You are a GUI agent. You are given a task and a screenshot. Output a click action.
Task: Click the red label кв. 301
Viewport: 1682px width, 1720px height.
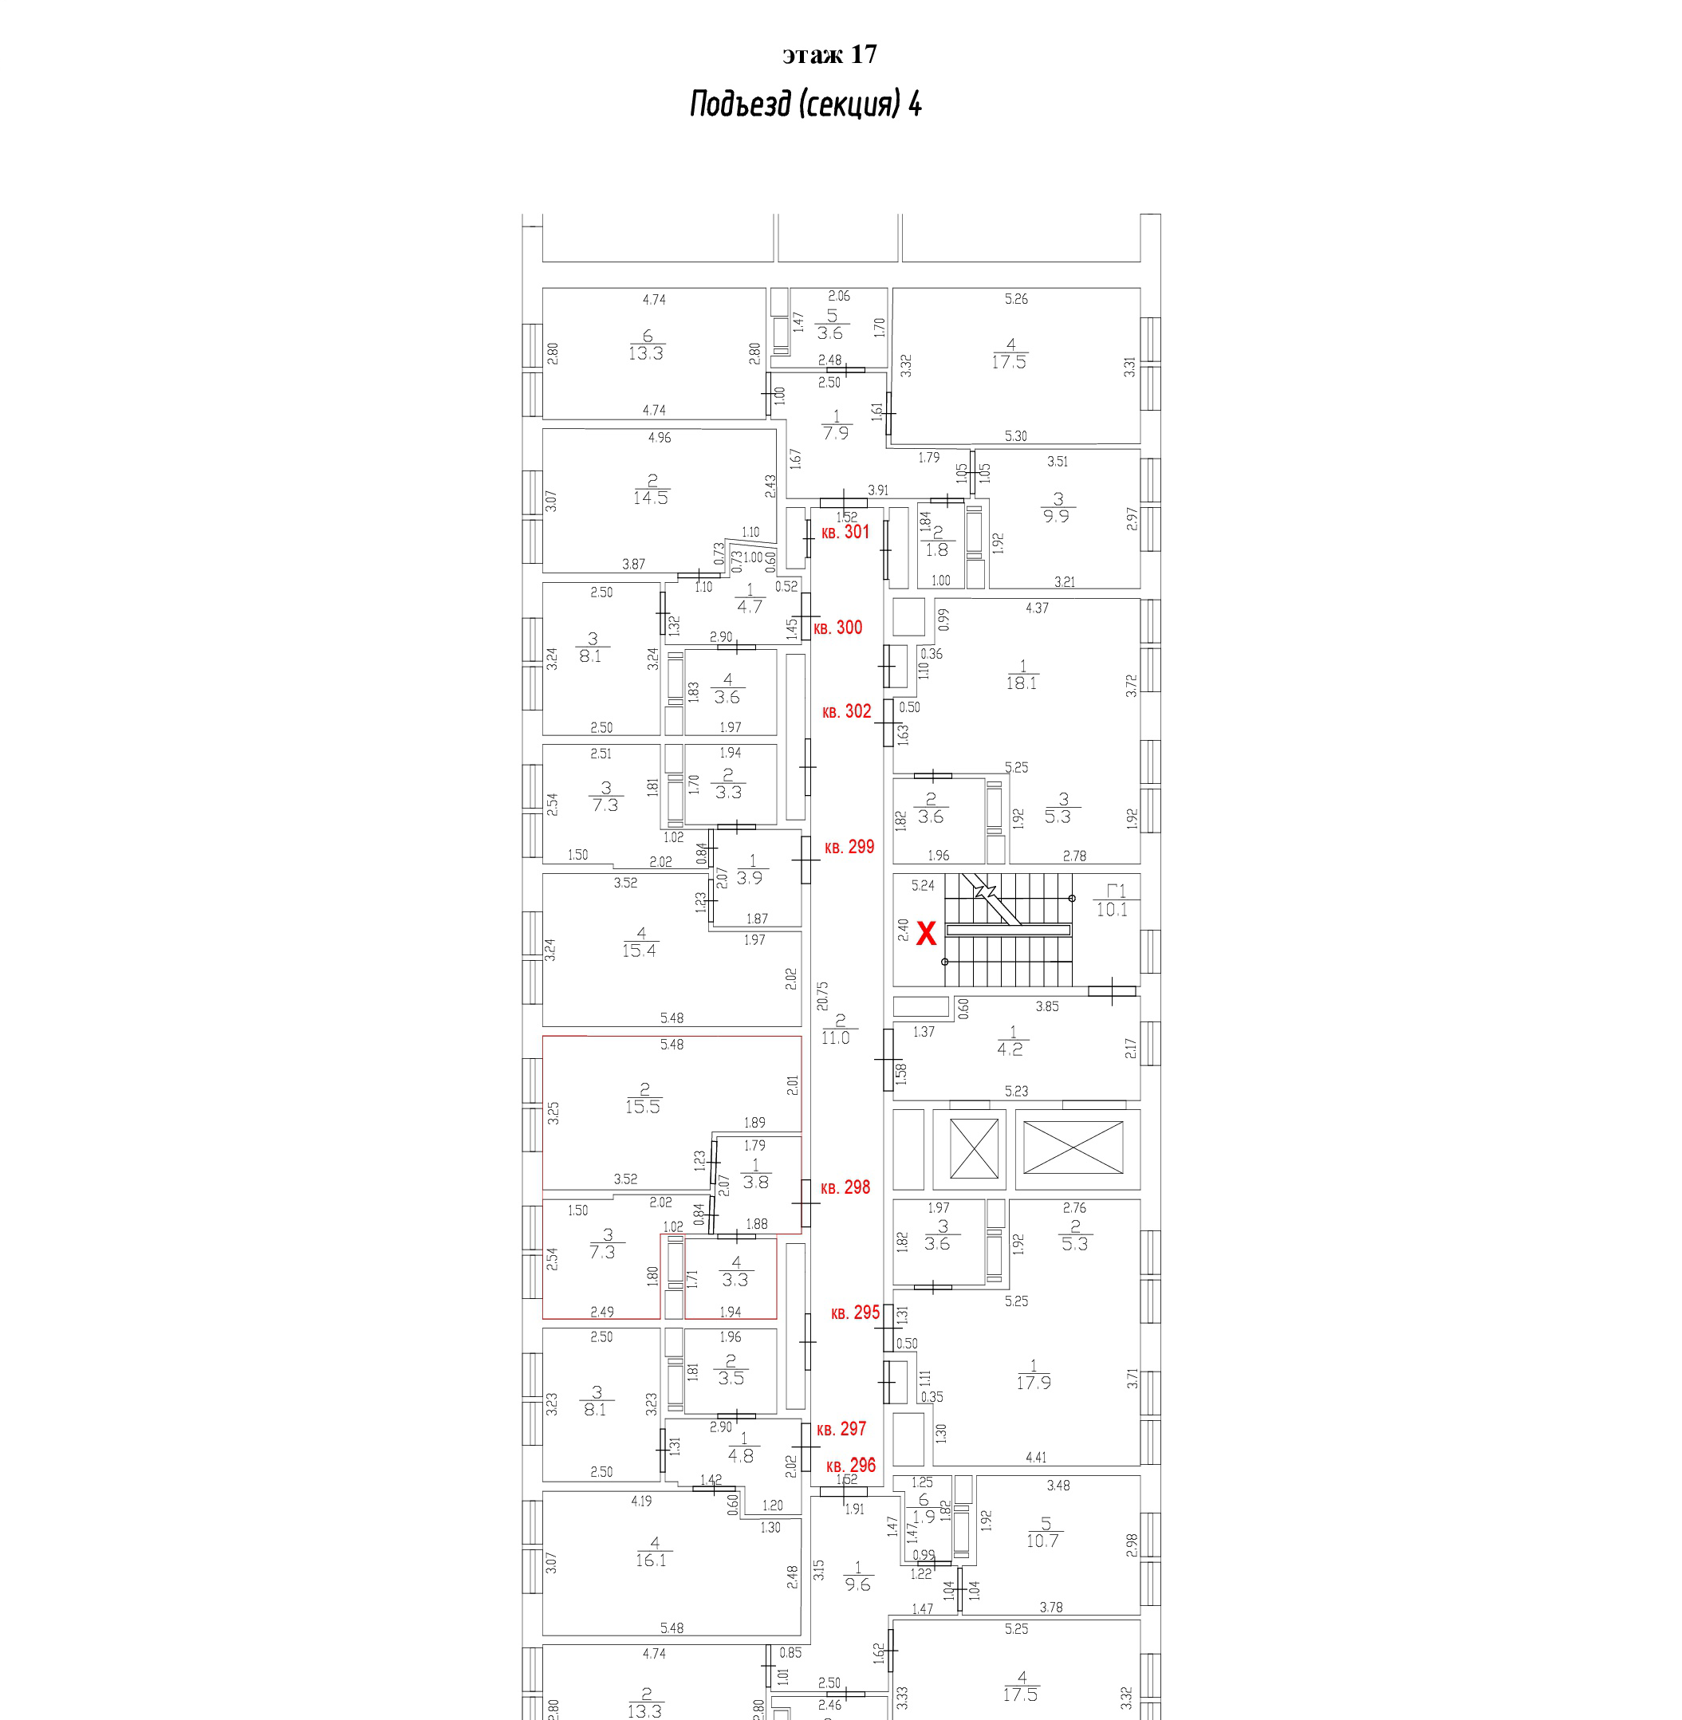tap(845, 532)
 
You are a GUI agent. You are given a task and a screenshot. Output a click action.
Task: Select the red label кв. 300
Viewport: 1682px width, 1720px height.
tap(837, 628)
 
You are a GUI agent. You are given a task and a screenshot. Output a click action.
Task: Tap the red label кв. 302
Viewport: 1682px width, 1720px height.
tap(846, 711)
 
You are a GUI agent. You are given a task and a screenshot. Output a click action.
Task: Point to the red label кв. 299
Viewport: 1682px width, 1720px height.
tap(849, 847)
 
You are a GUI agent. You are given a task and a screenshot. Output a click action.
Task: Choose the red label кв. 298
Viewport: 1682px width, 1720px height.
tap(845, 1188)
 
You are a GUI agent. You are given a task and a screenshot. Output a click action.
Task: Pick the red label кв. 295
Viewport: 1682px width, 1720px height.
tap(855, 1313)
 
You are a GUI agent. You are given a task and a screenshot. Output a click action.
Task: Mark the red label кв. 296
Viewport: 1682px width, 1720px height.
tap(851, 1466)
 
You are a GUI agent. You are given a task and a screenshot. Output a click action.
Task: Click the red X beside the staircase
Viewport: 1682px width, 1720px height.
tap(926, 934)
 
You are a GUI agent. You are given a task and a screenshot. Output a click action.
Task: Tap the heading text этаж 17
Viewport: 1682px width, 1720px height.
tap(829, 55)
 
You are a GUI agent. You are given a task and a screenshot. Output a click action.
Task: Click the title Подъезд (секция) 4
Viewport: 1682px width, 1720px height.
tap(806, 104)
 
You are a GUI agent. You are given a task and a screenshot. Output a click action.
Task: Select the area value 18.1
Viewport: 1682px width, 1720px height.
tap(1021, 683)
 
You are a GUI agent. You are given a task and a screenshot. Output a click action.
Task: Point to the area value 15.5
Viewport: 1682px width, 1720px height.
tap(642, 1107)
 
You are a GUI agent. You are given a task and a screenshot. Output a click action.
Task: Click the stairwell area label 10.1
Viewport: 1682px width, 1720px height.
tap(1111, 910)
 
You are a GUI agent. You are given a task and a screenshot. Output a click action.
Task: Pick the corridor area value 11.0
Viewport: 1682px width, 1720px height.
tap(835, 1038)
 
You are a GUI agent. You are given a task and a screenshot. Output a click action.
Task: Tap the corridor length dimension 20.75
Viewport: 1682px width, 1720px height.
tap(822, 996)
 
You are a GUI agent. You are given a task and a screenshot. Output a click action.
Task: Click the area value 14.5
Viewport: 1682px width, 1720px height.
tap(650, 498)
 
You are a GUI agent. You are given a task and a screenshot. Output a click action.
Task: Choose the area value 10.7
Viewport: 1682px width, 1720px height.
tap(1042, 1541)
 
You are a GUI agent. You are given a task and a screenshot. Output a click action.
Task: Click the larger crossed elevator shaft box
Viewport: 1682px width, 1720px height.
tap(1073, 1148)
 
